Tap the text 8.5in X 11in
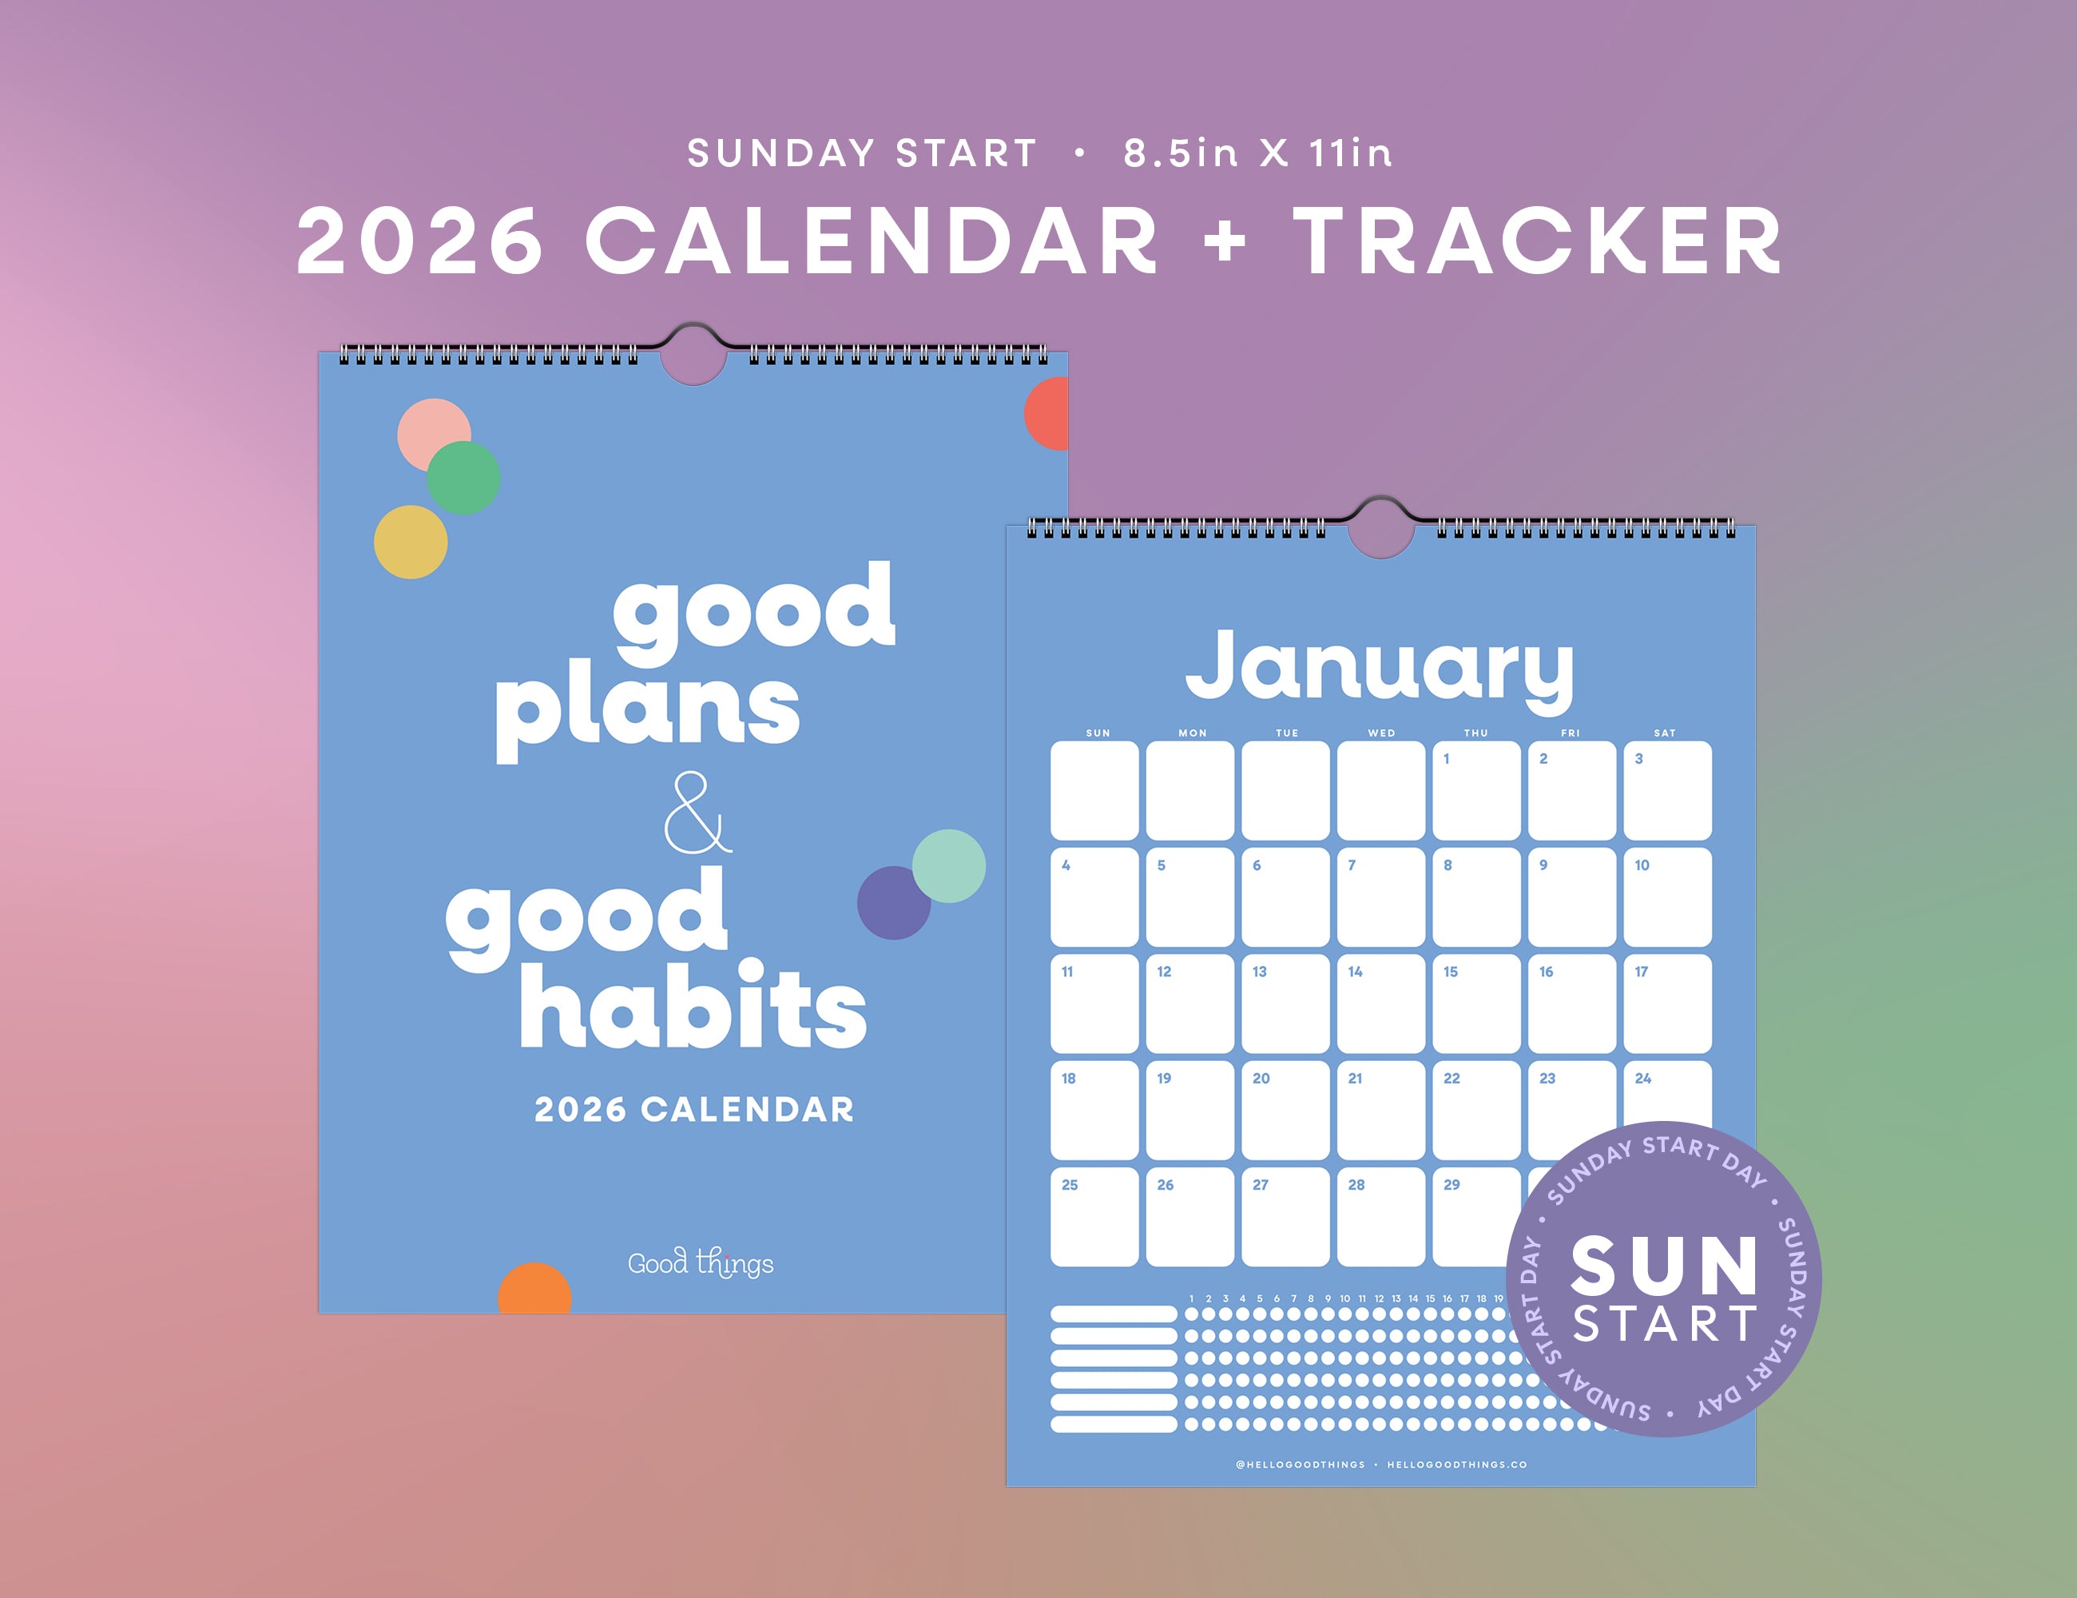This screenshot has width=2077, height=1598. click(1257, 153)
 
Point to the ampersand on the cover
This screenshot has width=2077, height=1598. click(696, 813)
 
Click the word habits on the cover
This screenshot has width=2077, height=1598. click(693, 1007)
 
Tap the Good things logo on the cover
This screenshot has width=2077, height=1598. click(700, 1263)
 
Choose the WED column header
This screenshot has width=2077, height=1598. click(1381, 733)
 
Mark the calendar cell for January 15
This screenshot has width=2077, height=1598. click(1476, 1004)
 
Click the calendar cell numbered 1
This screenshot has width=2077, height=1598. click(1476, 791)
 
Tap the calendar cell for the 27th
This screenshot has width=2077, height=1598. click(1285, 1218)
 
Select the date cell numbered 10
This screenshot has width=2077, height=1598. click(1667, 898)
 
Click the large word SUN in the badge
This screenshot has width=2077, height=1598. click(1663, 1268)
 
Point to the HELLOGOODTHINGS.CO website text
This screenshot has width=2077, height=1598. click(1456, 1465)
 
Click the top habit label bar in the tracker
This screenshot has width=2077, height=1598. click(1114, 1314)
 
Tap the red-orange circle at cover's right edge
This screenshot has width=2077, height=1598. click(1048, 414)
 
